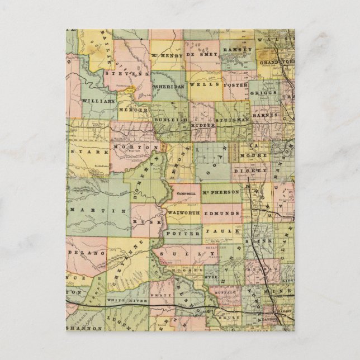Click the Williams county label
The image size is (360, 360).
[x=98, y=101]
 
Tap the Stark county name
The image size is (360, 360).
[x=83, y=150]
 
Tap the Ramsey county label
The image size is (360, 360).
[x=234, y=50]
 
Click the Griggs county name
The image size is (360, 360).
[x=263, y=92]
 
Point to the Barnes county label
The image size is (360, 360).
[x=264, y=115]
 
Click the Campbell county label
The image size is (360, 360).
[x=186, y=193]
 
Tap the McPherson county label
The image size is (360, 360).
[x=221, y=192]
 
